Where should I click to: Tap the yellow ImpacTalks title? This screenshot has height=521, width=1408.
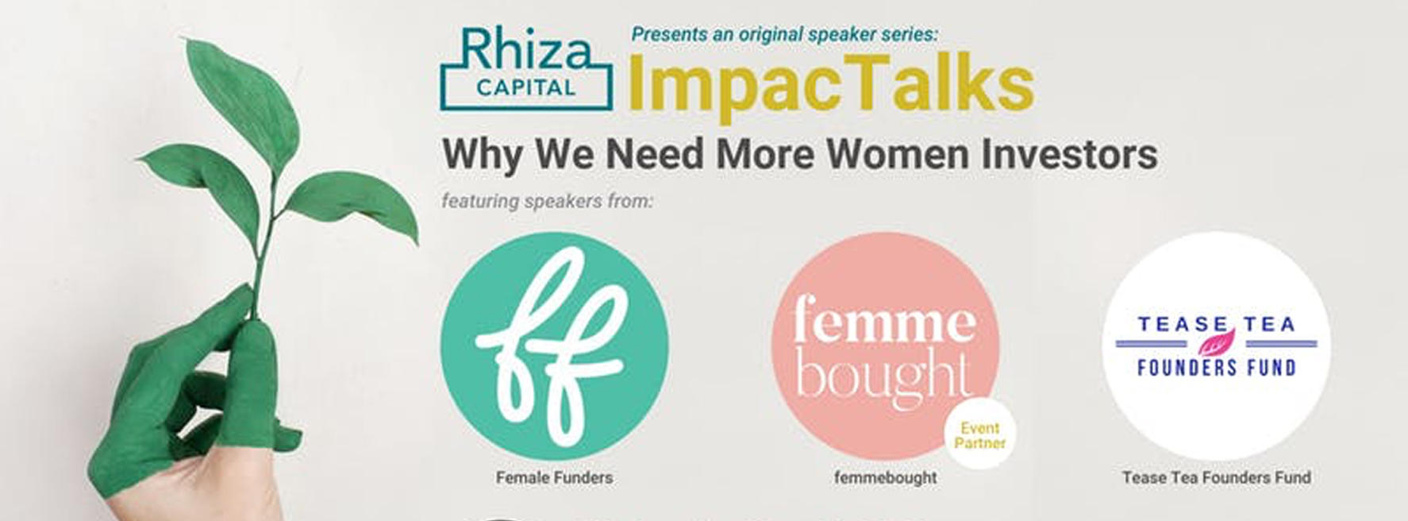coord(831,85)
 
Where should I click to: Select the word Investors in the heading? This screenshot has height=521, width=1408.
coord(1069,153)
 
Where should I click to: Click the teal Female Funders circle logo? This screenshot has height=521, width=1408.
coord(554,346)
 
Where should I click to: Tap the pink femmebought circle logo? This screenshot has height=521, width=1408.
coord(885,346)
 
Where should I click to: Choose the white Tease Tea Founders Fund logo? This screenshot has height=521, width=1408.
coord(1216,346)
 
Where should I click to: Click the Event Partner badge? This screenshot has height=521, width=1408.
coord(980,434)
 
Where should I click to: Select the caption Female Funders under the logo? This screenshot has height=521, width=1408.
coord(554,477)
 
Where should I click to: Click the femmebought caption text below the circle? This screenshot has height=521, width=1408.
coord(885,477)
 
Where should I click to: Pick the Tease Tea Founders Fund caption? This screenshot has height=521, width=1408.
coord(1216,477)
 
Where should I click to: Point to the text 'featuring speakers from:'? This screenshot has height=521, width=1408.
coord(547,202)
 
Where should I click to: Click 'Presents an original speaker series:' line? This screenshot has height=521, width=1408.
coord(785,34)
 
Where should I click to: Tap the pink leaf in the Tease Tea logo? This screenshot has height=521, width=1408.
coord(1216,342)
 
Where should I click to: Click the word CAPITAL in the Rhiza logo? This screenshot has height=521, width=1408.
coord(526,87)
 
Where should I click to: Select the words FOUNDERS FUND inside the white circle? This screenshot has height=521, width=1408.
coord(1216,368)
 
